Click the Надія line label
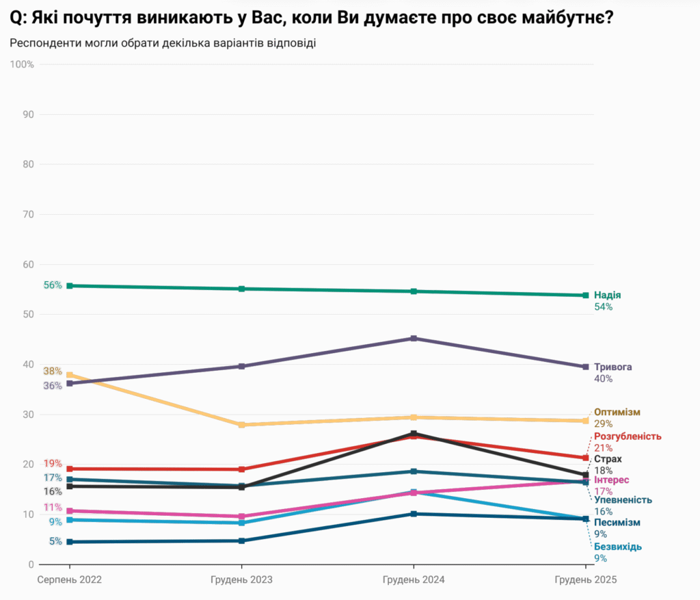(x=607, y=296)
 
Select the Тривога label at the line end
(x=612, y=367)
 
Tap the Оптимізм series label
(x=617, y=412)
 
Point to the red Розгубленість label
(x=628, y=436)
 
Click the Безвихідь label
(x=617, y=547)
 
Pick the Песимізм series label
(x=617, y=523)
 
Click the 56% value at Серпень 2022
(x=53, y=285)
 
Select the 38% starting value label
(x=53, y=371)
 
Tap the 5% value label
(x=55, y=541)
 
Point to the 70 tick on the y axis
(x=28, y=214)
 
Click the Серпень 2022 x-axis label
(x=69, y=579)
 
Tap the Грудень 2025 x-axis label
(x=585, y=579)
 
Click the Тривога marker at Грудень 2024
(x=414, y=339)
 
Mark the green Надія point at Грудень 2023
(x=241, y=289)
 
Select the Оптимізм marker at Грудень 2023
(x=241, y=425)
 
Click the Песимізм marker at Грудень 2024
(x=414, y=514)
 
